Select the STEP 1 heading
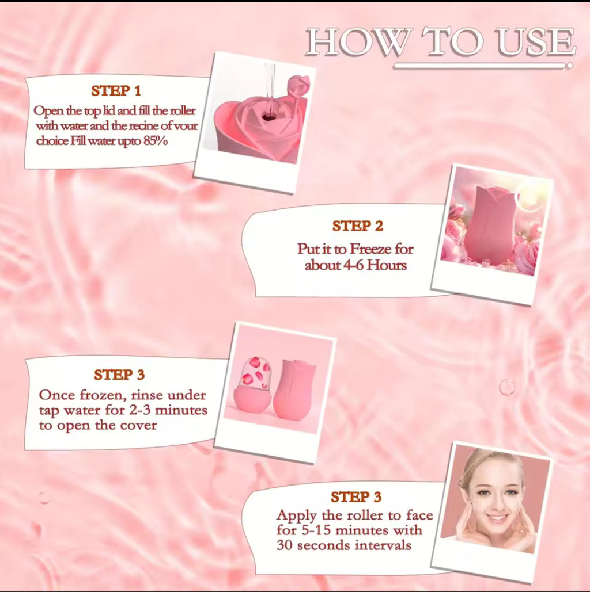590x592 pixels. point(116,90)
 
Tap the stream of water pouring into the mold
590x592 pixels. point(269,86)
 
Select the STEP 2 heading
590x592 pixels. point(357,226)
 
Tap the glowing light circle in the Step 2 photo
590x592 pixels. point(528,197)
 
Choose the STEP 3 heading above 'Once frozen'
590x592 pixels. point(119,375)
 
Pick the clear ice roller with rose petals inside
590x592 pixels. point(252,385)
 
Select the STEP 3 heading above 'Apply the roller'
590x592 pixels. point(356,497)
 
